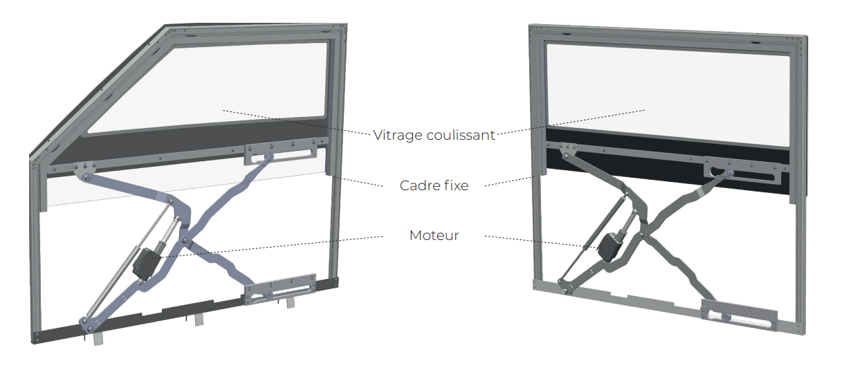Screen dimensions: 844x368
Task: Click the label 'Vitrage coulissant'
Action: click(434, 135)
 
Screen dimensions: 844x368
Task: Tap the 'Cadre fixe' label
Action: click(434, 185)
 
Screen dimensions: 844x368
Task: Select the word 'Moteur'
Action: click(434, 235)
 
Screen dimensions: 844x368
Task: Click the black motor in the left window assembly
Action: click(146, 263)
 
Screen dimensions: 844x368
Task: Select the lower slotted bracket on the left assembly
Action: click(281, 289)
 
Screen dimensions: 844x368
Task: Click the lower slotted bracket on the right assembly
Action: click(739, 315)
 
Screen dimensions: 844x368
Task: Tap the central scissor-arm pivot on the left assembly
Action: click(185, 240)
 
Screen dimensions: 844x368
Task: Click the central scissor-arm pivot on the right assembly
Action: click(641, 235)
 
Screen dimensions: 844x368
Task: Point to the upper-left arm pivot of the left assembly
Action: click(86, 176)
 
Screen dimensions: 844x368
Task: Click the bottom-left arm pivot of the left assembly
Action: click(91, 329)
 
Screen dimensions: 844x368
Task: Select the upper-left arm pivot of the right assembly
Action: click(565, 155)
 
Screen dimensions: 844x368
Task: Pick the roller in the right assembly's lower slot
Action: click(725, 316)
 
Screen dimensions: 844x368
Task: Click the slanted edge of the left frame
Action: click(98, 91)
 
